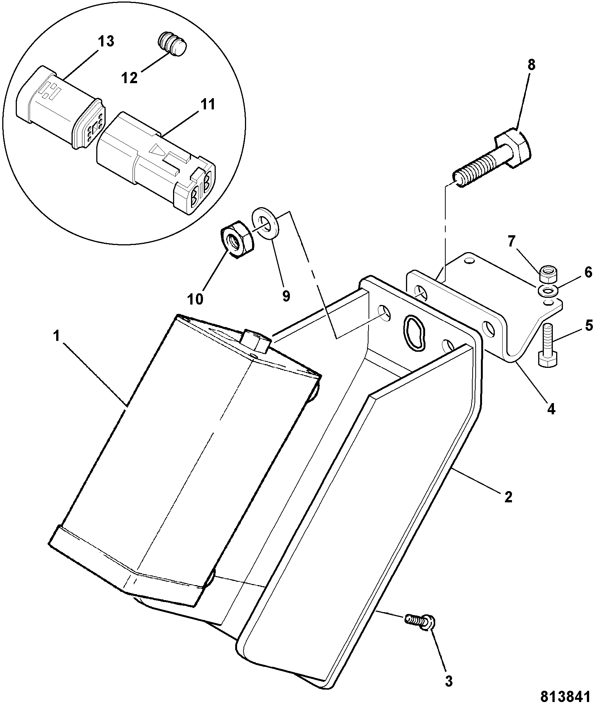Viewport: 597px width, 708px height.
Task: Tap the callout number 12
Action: tap(129, 78)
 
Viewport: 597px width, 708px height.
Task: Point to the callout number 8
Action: tap(531, 65)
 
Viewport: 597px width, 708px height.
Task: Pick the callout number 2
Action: tap(508, 497)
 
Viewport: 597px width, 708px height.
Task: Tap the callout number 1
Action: tap(56, 336)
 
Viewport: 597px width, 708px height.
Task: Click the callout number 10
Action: tap(195, 299)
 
